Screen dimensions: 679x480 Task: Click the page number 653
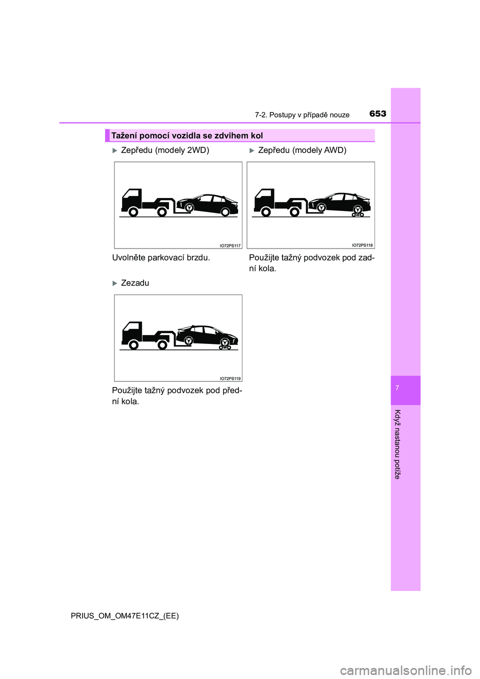(377, 114)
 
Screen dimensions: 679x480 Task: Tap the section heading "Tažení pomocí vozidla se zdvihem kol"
(187, 135)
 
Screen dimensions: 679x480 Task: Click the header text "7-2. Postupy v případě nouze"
(302, 115)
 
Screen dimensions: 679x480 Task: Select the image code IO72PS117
(230, 245)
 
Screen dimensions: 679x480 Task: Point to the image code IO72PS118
(362, 245)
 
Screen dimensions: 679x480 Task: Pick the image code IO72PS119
(230, 378)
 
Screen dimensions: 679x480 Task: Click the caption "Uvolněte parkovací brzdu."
(161, 257)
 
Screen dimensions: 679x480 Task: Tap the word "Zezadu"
(135, 283)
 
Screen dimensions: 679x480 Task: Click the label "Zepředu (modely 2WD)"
(165, 150)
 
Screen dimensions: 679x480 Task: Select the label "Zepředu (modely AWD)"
(302, 150)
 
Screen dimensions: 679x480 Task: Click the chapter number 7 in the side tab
(397, 388)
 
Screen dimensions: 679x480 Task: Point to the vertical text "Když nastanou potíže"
(397, 444)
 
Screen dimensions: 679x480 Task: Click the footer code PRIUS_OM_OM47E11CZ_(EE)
(124, 615)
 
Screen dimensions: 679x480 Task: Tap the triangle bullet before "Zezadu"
(114, 283)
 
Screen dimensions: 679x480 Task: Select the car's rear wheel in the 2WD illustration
(225, 212)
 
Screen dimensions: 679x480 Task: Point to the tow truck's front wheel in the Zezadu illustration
(133, 345)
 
